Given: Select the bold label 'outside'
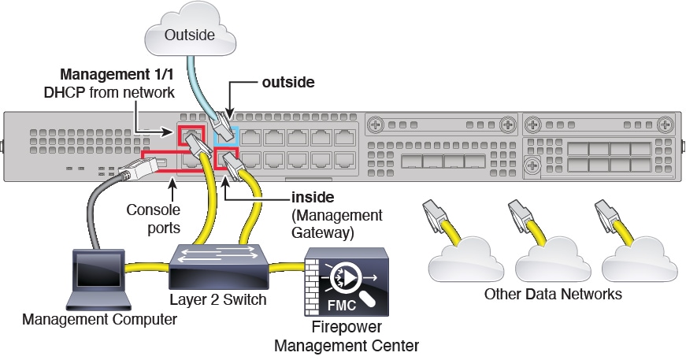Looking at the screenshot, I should (x=289, y=81).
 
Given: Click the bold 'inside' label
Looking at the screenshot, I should (x=313, y=197).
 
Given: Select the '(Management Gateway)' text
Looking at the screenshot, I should (x=336, y=223).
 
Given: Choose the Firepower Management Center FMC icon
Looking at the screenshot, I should (x=346, y=279).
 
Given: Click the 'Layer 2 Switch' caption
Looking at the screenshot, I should (x=217, y=300).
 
